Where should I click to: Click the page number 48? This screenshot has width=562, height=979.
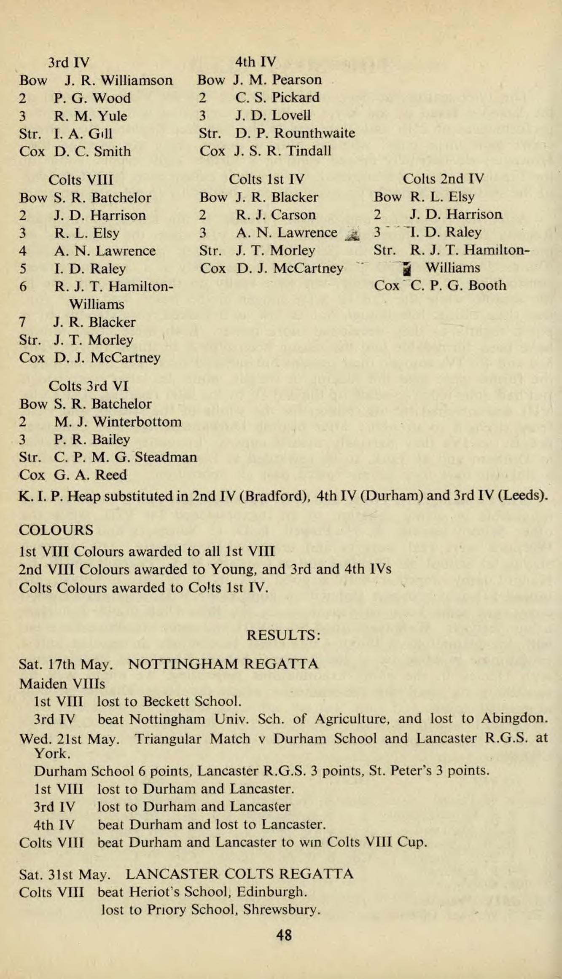(x=284, y=935)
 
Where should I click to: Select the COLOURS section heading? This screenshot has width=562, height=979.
(x=56, y=530)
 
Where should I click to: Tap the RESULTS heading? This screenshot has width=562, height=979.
(x=284, y=634)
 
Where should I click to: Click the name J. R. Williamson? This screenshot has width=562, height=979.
(x=119, y=80)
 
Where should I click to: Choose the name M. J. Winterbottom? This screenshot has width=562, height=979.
(x=118, y=421)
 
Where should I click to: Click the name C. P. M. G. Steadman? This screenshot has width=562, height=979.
(x=126, y=457)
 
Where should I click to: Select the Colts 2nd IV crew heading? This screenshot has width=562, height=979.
(x=443, y=179)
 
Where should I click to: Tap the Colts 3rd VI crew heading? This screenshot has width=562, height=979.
(x=89, y=386)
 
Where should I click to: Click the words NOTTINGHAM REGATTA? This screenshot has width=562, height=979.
(x=223, y=664)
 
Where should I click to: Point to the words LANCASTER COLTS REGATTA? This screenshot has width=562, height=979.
(x=239, y=874)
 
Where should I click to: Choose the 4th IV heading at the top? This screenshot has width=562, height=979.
(x=255, y=62)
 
